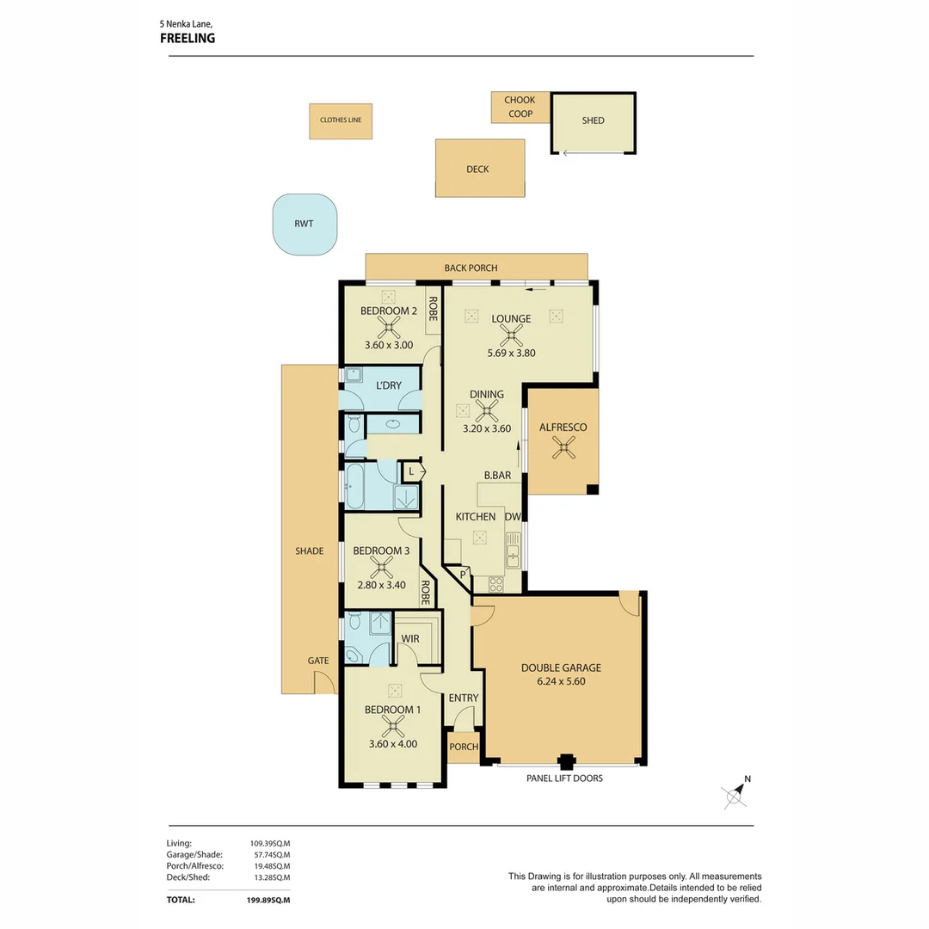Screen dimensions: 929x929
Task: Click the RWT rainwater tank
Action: pos(304,225)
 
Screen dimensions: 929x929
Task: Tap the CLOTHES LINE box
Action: pos(341,120)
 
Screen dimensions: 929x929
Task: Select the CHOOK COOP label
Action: pos(520,108)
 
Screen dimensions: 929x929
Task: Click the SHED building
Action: pos(594,121)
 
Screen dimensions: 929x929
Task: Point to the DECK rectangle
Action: pos(478,169)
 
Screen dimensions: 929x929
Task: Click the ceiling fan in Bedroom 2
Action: pos(391,325)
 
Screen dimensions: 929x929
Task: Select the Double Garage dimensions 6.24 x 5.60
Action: pos(561,682)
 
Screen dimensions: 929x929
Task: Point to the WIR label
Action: pos(410,638)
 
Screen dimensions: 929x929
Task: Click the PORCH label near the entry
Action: pos(464,747)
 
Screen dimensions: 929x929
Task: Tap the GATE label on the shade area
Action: pos(318,661)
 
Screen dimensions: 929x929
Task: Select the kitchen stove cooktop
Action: pos(496,584)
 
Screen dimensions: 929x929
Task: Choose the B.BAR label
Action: pos(497,475)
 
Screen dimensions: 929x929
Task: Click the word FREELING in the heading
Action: pos(188,38)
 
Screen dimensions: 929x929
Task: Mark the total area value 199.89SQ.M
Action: pos(268,900)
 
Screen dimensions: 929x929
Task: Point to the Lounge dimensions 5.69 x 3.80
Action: pos(511,353)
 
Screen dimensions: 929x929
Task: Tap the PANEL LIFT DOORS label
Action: pos(564,778)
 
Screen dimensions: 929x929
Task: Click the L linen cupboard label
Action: pos(412,471)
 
